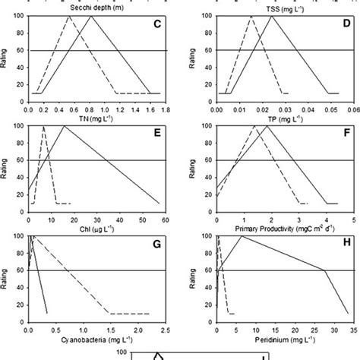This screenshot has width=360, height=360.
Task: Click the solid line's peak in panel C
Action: click(x=91, y=17)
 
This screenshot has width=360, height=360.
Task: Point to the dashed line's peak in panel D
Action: click(x=251, y=17)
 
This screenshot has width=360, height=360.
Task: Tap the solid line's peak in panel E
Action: click(x=63, y=127)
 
